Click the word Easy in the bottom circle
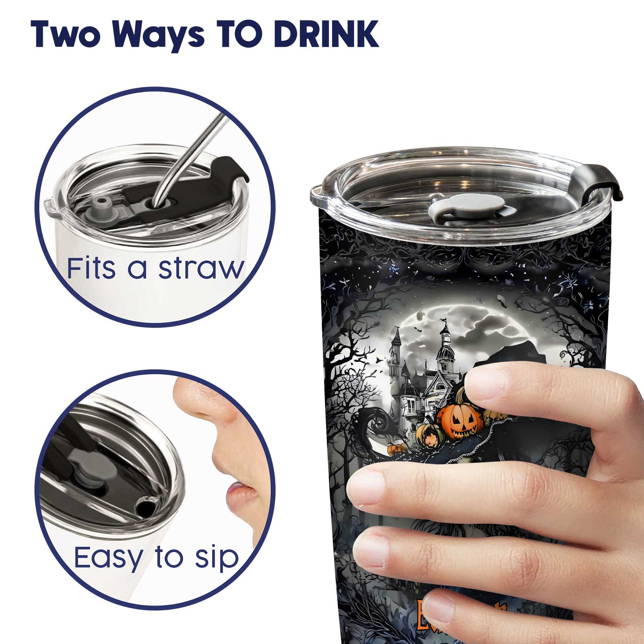[108, 557]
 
